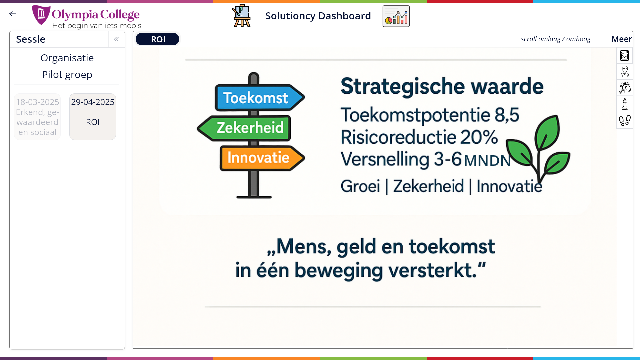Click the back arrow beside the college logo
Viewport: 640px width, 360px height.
click(x=13, y=14)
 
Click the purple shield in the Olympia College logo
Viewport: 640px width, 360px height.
click(x=41, y=15)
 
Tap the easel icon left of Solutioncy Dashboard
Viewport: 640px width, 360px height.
click(x=242, y=16)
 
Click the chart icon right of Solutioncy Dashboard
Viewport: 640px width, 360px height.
click(x=396, y=16)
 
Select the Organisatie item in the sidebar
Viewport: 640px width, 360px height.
click(x=67, y=58)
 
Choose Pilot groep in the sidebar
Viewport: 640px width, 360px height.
click(x=67, y=74)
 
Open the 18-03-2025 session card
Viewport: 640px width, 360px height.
click(x=37, y=117)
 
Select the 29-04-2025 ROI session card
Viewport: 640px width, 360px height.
click(x=93, y=117)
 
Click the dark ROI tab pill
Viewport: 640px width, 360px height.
click(x=157, y=39)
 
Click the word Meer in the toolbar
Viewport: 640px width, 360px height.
click(x=621, y=39)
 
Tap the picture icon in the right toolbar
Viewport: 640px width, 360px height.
click(x=625, y=55)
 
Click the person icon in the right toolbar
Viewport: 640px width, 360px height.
click(x=625, y=71)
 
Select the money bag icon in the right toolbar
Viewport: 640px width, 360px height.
click(x=625, y=88)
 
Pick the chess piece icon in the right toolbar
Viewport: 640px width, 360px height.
click(x=625, y=104)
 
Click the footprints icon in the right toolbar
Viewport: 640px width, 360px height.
click(x=625, y=120)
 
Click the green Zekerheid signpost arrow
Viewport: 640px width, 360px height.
click(x=244, y=128)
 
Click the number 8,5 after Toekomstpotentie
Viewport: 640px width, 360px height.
click(x=507, y=115)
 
